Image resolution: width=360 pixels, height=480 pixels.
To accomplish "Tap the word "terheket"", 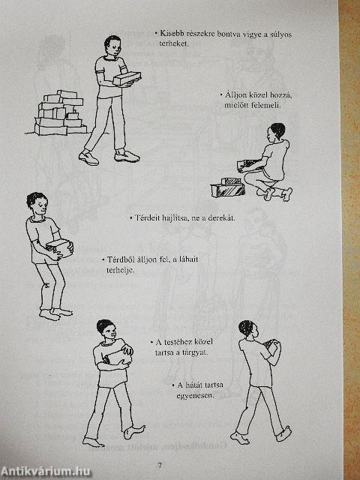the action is [x=173, y=43].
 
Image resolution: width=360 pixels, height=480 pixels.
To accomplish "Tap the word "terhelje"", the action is [x=120, y=270].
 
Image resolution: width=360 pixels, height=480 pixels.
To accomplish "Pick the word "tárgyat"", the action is [x=195, y=352].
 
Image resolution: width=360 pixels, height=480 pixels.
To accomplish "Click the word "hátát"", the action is [x=194, y=385].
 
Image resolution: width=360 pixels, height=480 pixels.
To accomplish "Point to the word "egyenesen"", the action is [x=194, y=395].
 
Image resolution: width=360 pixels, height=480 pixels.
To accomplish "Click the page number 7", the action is [x=160, y=465].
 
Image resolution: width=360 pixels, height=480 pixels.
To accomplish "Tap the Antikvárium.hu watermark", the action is [x=46, y=471].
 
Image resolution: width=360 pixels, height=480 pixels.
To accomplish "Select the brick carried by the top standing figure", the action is [x=127, y=78].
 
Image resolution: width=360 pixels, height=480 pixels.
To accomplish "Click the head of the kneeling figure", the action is [x=277, y=131].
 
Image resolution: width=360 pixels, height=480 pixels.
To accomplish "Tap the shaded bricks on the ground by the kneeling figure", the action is [x=228, y=187].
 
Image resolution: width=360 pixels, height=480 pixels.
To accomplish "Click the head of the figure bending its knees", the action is [x=37, y=204].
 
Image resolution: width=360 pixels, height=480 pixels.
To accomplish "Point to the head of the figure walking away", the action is [x=247, y=328].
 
